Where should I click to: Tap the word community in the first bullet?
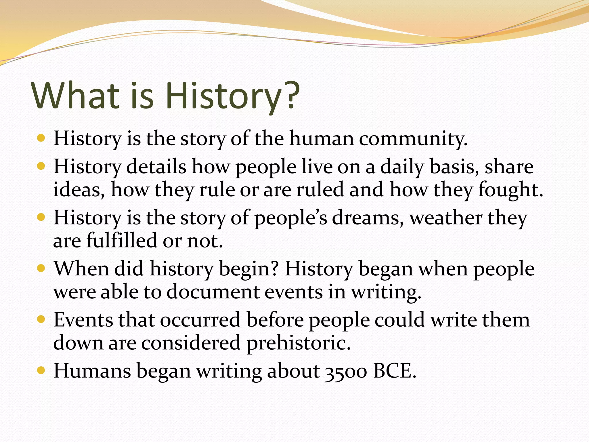[x=413, y=139]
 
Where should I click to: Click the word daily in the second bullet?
[x=402, y=167]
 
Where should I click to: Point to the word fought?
[x=510, y=190]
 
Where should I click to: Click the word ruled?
[x=320, y=190]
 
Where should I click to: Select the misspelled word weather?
[x=445, y=218]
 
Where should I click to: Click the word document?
[x=213, y=292]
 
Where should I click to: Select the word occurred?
[x=200, y=320]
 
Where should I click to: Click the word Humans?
[x=92, y=371]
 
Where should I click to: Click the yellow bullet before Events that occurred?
[x=41, y=319]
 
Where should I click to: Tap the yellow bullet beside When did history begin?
[x=41, y=268]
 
